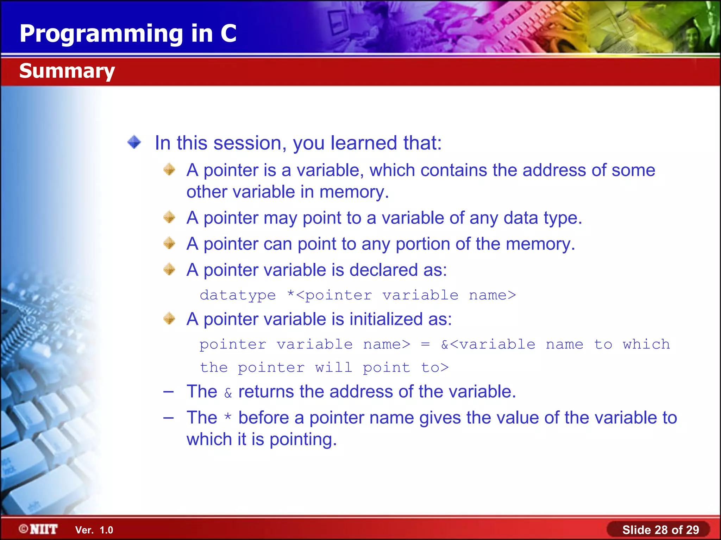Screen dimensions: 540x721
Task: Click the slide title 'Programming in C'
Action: (128, 33)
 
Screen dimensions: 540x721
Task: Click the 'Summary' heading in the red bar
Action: (67, 71)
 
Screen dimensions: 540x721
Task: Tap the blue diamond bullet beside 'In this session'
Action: (134, 142)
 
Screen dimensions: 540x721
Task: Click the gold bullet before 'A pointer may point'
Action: (169, 217)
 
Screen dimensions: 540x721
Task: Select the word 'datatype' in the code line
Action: (238, 295)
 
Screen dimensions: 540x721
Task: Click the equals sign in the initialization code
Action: (425, 345)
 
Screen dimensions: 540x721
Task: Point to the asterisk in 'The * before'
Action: (228, 417)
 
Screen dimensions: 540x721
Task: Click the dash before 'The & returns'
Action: (169, 392)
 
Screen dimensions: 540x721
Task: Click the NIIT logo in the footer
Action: (39, 529)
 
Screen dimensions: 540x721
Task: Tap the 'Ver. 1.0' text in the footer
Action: (94, 530)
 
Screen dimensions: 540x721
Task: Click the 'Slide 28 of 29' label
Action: (660, 530)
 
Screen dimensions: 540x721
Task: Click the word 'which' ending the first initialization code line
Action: (646, 345)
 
